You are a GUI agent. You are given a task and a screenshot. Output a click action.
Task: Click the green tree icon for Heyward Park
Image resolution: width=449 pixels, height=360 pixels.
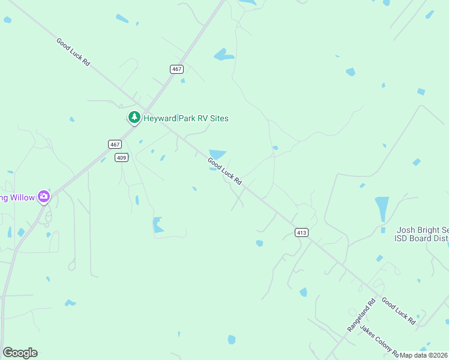tap(134, 118)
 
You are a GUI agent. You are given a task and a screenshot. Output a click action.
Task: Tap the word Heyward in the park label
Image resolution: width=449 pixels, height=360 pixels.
tap(159, 118)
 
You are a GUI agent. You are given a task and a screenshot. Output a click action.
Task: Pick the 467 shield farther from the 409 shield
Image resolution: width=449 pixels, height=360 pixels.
tap(176, 69)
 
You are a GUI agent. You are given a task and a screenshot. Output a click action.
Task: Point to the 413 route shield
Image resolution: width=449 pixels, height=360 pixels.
tap(302, 232)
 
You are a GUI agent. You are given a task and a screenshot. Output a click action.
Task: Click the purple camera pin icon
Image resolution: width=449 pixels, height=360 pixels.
tap(43, 196)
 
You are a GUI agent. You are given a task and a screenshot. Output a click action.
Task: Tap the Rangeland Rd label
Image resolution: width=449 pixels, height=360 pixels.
tap(361, 316)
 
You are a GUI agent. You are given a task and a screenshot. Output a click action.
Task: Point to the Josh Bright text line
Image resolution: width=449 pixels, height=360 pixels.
tap(423, 230)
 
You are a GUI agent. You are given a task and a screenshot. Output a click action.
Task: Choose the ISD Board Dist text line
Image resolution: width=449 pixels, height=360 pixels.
tap(421, 238)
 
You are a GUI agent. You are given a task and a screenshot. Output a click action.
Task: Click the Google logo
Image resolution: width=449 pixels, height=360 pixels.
tap(20, 353)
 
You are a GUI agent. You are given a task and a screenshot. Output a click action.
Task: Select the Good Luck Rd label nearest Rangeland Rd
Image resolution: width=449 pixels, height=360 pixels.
tap(399, 312)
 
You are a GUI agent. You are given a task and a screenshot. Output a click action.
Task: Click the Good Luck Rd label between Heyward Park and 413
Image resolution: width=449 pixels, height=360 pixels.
tap(224, 171)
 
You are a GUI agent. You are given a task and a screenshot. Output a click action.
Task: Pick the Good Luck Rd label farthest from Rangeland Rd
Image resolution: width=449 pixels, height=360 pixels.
tap(73, 52)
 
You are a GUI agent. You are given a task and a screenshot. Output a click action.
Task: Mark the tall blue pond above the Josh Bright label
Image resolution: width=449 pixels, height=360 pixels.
tap(382, 208)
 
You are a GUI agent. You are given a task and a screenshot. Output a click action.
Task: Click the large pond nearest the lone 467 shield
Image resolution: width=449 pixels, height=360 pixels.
tap(223, 55)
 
